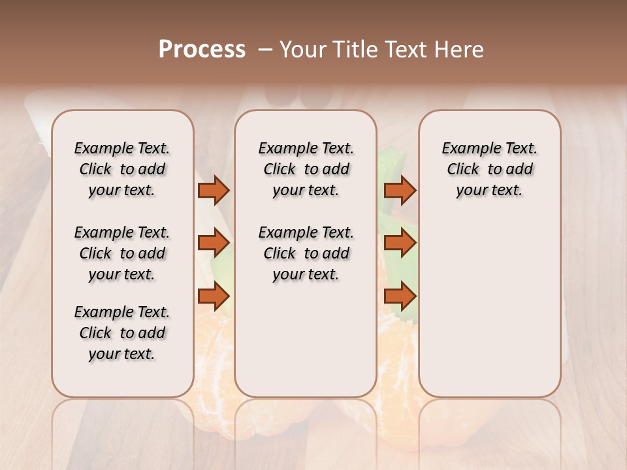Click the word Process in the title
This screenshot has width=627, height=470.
pos(202,50)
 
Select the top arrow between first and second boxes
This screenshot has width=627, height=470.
pos(213,190)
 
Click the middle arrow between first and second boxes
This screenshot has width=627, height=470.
pos(213,243)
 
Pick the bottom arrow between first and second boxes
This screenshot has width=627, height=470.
pos(213,296)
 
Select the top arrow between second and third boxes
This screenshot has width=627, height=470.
pos(400,190)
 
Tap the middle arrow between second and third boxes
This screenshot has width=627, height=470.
pos(400,243)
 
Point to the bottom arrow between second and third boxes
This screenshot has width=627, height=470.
pos(400,296)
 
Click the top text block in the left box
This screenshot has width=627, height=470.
pos(122,169)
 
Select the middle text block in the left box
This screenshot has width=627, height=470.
pos(122,253)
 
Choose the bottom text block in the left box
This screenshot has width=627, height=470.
pos(122,333)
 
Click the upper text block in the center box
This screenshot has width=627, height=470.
pos(306,169)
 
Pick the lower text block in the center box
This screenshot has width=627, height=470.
pos(306,253)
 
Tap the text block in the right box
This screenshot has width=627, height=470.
pos(489,169)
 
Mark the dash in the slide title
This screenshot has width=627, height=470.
pos(265,50)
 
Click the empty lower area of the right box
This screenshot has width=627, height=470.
pos(489,307)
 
